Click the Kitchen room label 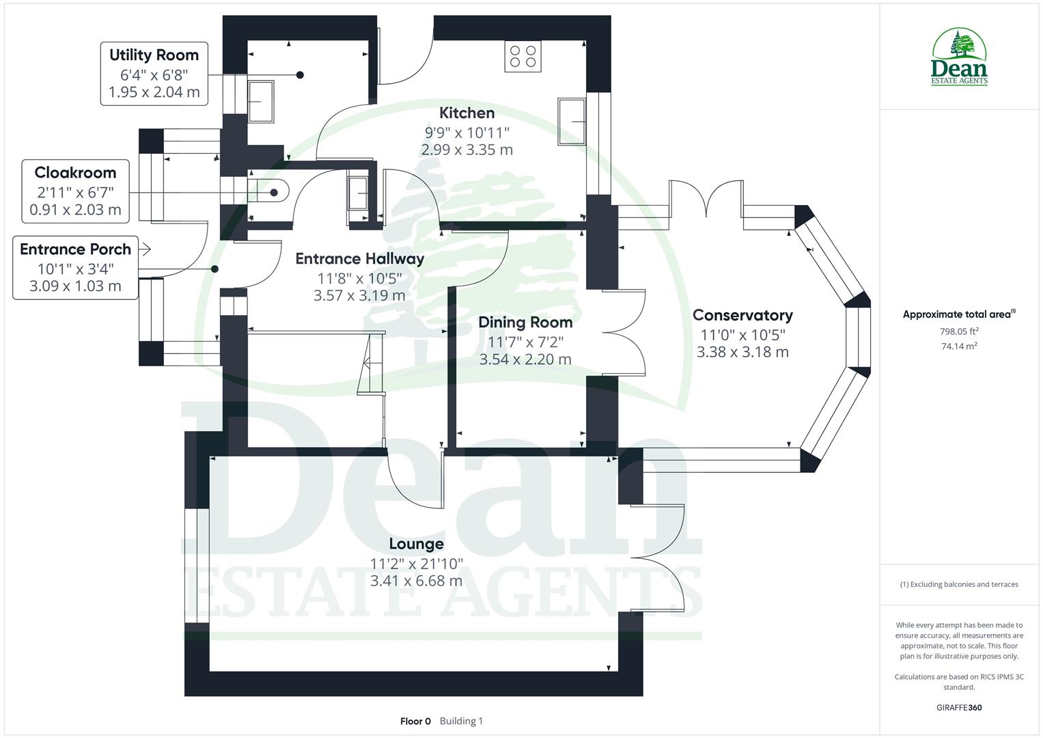pyautogui.click(x=467, y=113)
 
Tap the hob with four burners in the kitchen pyautogui.click(x=523, y=56)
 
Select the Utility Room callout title pyautogui.click(x=154, y=55)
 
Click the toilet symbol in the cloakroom pyautogui.click(x=271, y=193)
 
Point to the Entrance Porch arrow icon pyautogui.click(x=144, y=249)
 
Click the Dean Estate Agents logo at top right pyautogui.click(x=960, y=57)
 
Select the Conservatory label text pyautogui.click(x=742, y=315)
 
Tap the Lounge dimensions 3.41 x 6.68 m pyautogui.click(x=416, y=581)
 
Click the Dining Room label pyautogui.click(x=525, y=322)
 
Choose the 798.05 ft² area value pyautogui.click(x=959, y=331)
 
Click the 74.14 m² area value pyautogui.click(x=959, y=346)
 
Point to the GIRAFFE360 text pyautogui.click(x=959, y=708)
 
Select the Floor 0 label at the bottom pyautogui.click(x=415, y=721)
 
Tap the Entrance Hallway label pyautogui.click(x=359, y=259)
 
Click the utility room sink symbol pyautogui.click(x=261, y=101)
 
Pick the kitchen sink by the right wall pyautogui.click(x=572, y=122)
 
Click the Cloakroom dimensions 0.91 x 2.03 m pyautogui.click(x=75, y=210)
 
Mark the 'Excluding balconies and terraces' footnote pyautogui.click(x=959, y=584)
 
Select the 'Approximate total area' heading pyautogui.click(x=958, y=314)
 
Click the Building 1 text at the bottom pyautogui.click(x=461, y=721)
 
